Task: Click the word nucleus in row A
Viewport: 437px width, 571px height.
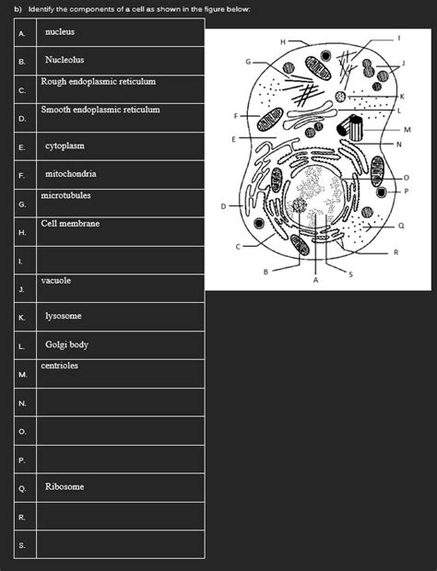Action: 59,32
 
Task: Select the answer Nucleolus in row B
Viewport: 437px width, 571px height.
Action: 65,60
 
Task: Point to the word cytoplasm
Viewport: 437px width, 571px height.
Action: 65,146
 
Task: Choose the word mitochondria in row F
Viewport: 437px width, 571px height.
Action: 71,173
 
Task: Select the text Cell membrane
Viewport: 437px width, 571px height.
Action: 71,224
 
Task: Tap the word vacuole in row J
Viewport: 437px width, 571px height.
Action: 56,280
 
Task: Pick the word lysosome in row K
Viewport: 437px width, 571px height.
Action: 64,316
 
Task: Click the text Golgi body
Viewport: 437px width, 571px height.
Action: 66,344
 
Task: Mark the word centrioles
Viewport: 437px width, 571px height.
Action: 60,366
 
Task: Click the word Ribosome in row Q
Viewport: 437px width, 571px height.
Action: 65,485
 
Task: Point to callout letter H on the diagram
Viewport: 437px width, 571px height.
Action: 282,40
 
